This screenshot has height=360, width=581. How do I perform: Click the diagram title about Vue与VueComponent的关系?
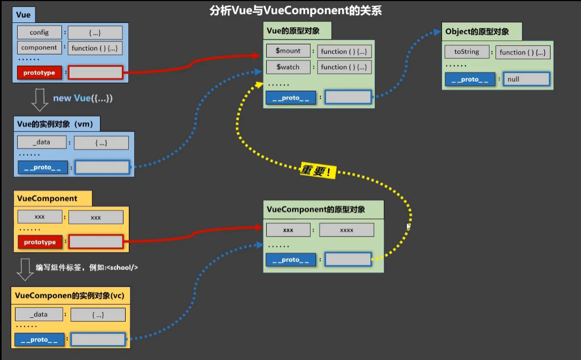[296, 11]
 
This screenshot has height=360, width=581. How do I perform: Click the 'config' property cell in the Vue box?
[39, 33]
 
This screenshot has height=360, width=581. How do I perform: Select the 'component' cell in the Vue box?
[39, 48]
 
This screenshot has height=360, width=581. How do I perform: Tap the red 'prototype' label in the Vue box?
[39, 73]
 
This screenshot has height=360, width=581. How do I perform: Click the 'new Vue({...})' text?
[83, 98]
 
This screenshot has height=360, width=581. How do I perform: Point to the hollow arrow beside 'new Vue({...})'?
[40, 99]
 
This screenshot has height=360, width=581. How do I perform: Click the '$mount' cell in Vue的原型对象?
[288, 51]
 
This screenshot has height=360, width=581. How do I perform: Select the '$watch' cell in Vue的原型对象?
[288, 67]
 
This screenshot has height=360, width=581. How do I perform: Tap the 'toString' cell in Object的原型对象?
[467, 52]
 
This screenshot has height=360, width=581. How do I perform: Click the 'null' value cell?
[526, 79]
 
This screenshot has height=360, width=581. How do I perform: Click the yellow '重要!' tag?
[318, 171]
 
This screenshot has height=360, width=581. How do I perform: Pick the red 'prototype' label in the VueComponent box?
[40, 242]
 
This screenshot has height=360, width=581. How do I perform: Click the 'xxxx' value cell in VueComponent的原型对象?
[346, 230]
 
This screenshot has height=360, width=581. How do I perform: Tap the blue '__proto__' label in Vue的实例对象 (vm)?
[43, 167]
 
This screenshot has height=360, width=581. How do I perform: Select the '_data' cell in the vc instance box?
[38, 315]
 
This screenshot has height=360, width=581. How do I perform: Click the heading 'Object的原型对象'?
[477, 32]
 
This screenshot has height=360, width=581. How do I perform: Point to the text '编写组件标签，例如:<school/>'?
[87, 267]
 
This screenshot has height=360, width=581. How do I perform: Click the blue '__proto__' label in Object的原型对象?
[470, 79]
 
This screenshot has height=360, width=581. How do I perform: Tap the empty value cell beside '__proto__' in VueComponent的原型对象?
[348, 260]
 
